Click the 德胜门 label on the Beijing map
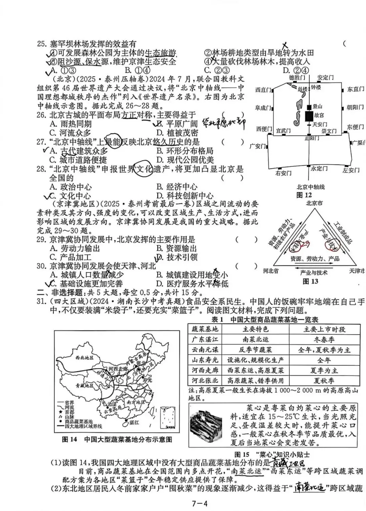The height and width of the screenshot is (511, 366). (297, 78)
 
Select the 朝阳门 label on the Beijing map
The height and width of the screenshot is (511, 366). (355, 107)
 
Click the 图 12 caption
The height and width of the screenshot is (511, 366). (304, 195)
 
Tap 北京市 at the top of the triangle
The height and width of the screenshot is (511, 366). (314, 203)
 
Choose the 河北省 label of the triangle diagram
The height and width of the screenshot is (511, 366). (271, 271)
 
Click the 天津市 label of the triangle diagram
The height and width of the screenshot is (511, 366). (357, 271)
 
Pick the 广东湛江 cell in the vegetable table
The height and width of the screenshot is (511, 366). (205, 339)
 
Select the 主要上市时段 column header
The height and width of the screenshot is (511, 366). (324, 329)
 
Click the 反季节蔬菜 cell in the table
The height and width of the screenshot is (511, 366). (256, 350)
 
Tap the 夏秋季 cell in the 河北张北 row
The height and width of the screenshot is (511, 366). (324, 381)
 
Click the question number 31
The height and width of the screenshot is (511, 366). (41, 301)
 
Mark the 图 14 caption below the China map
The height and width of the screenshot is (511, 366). (117, 440)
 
